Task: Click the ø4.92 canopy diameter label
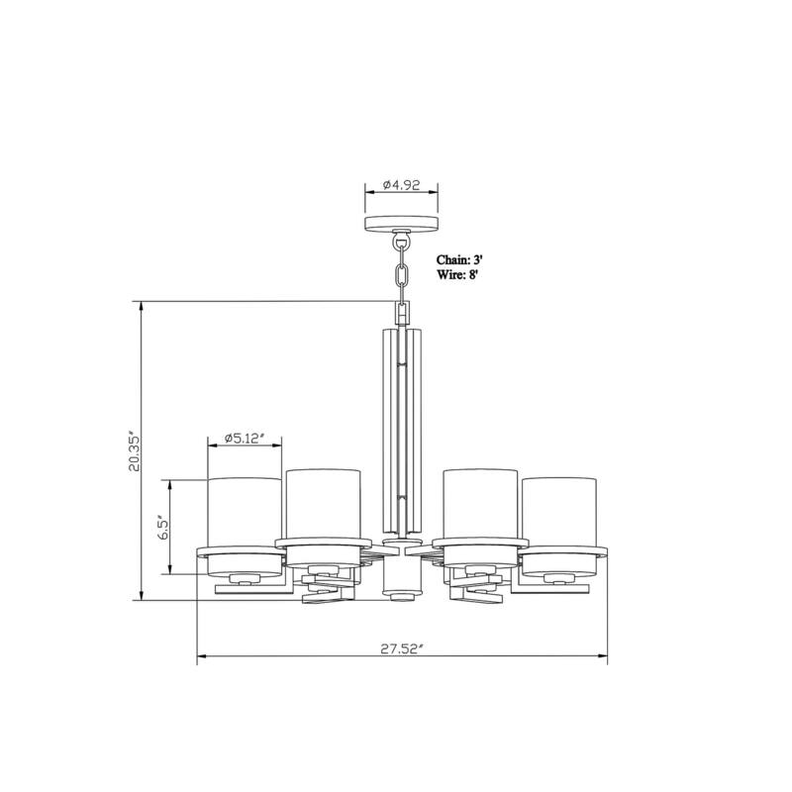coord(402,184)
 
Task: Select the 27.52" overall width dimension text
coord(402,648)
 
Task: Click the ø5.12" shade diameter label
coord(245,437)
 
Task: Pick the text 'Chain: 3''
coord(459,260)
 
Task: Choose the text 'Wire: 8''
coord(457,276)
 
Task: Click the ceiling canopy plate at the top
coord(402,223)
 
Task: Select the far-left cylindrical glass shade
coord(245,511)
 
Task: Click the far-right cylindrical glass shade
coord(559,511)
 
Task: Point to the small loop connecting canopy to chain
coord(402,238)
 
